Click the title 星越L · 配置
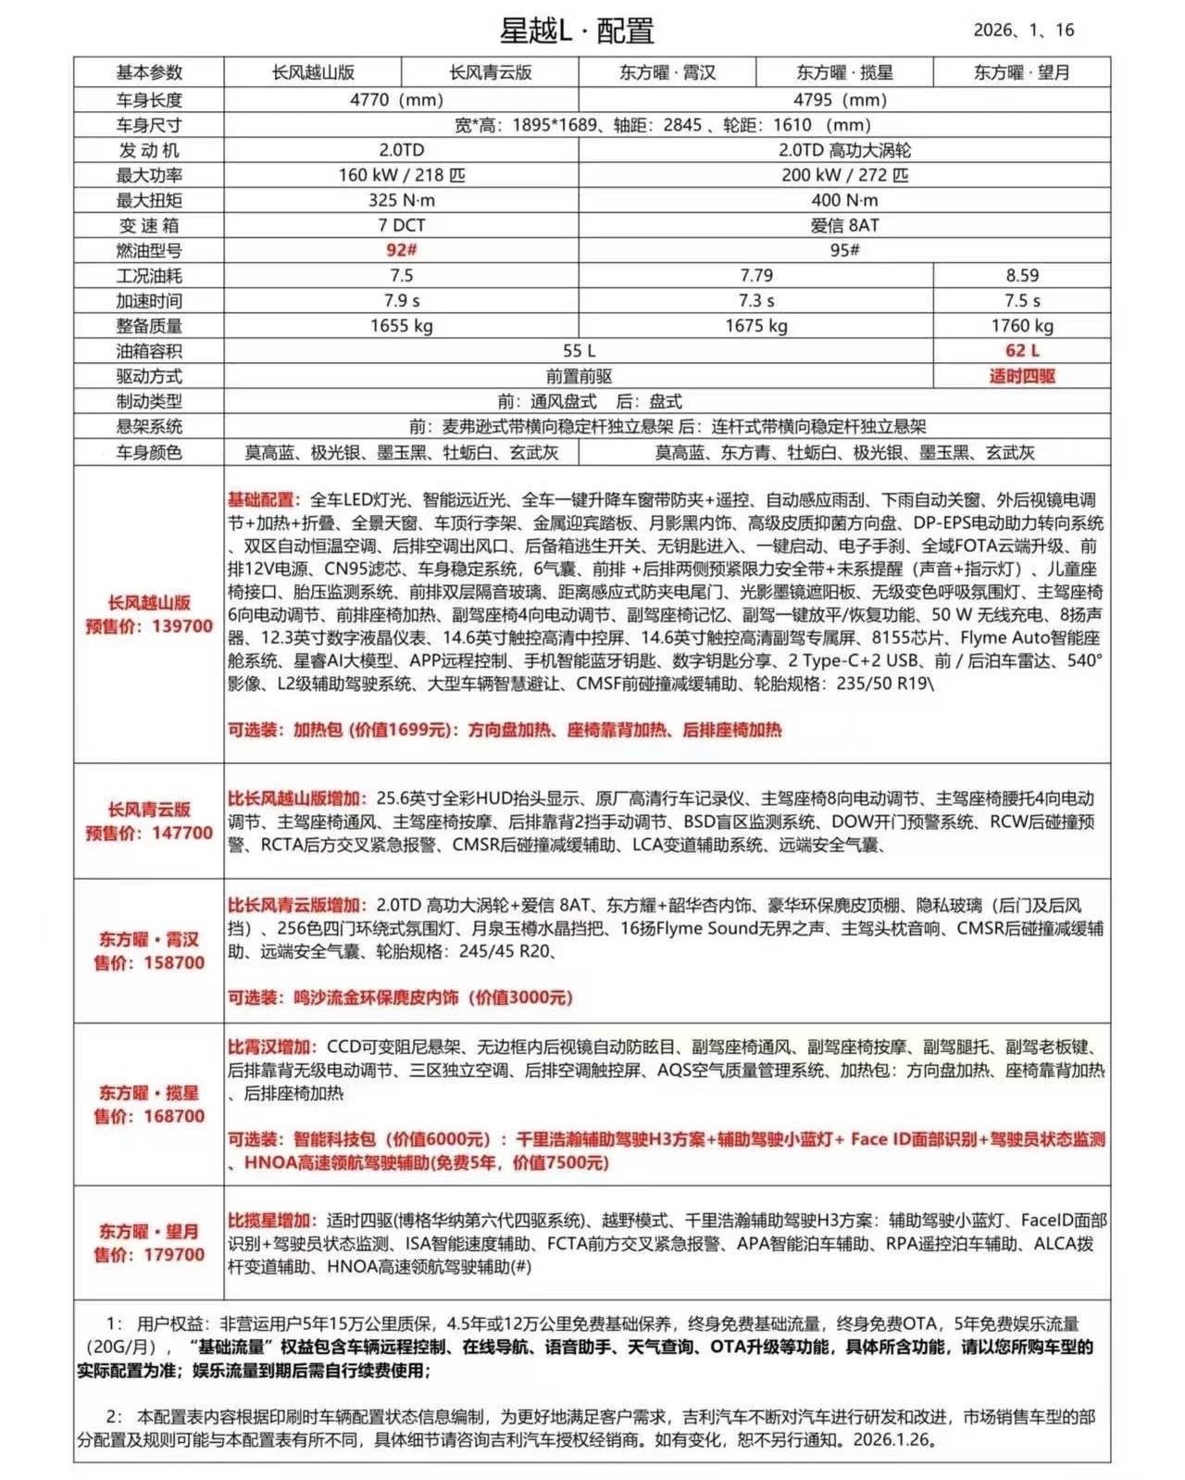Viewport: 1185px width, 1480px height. click(577, 31)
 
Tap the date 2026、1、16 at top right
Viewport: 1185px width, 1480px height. click(1023, 31)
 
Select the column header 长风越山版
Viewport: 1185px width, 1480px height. click(313, 72)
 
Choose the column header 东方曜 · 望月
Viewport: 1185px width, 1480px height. click(1021, 72)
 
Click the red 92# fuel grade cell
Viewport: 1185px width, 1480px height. click(401, 250)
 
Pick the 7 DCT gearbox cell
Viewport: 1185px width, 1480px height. click(401, 225)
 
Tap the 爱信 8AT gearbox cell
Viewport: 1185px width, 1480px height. click(844, 225)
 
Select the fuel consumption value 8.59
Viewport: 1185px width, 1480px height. click(1022, 275)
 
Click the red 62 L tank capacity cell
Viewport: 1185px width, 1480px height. click(1022, 350)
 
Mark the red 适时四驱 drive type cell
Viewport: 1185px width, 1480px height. click(1022, 376)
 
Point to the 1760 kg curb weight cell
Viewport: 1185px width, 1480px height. click(1022, 325)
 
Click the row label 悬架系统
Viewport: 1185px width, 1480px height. click(149, 426)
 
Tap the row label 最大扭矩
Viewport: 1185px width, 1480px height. click(149, 200)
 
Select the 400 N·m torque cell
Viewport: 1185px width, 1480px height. click(844, 200)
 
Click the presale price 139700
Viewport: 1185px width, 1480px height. click(182, 626)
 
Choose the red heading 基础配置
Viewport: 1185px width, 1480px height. click(260, 500)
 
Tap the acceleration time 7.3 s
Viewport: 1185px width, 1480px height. click(755, 300)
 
